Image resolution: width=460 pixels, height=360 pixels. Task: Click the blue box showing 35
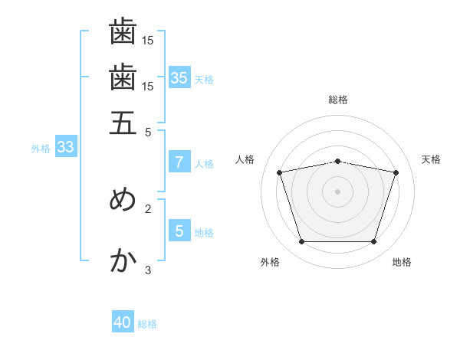(179, 77)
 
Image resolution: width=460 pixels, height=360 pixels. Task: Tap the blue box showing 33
(66, 146)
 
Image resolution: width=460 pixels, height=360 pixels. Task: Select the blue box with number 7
(179, 162)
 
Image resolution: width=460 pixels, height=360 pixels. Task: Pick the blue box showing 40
(123, 321)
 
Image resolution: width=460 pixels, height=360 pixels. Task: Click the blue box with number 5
(179, 230)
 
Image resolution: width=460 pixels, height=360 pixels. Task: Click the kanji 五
(123, 123)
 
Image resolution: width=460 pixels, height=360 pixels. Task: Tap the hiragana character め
(123, 199)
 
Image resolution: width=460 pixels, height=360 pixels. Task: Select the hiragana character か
(123, 260)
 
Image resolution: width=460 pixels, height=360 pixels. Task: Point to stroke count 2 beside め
(148, 209)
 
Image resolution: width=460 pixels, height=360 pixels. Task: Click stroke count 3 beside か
(148, 270)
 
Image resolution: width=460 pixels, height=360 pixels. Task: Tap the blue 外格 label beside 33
(41, 149)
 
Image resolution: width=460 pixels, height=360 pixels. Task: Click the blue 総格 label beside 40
(147, 324)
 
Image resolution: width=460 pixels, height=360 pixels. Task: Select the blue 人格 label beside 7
(204, 164)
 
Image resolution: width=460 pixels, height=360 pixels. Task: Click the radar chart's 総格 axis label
(338, 100)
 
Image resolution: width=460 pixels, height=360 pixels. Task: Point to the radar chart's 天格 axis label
(431, 159)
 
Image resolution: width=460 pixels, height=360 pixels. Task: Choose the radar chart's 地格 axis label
(402, 262)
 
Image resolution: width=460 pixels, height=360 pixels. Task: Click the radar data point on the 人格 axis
(279, 172)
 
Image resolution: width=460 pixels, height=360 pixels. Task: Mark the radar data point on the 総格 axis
(337, 162)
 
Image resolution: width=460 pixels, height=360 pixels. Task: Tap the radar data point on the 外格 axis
(301, 242)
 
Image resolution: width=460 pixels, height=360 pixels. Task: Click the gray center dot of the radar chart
(337, 191)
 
